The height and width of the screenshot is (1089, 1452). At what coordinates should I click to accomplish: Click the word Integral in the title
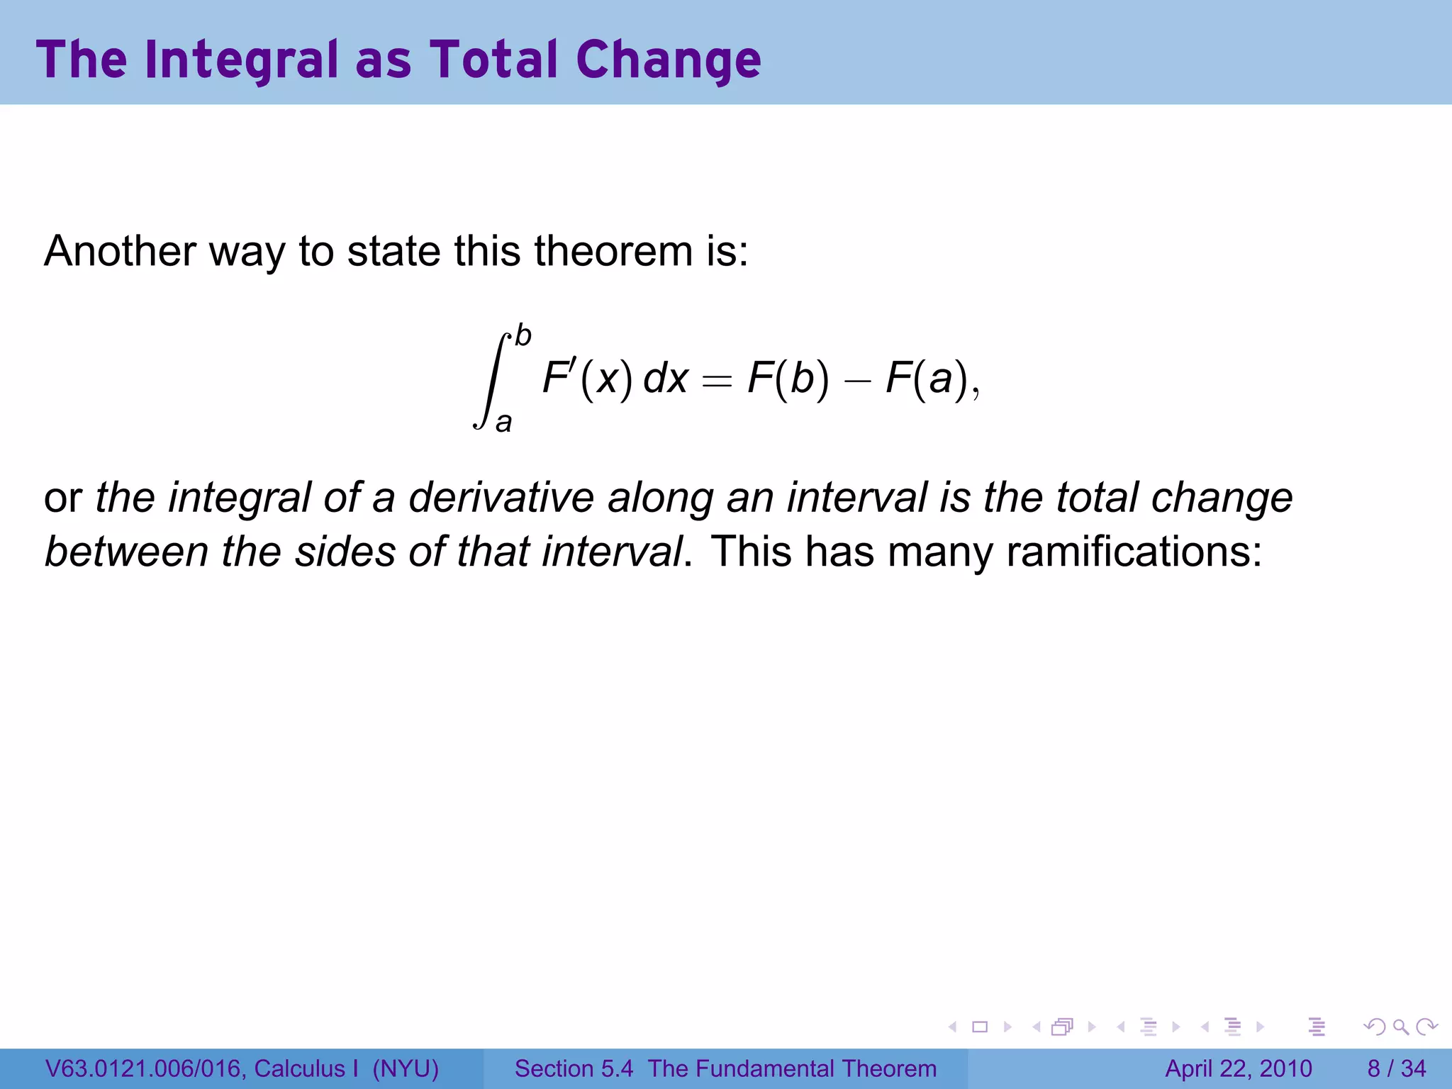click(242, 60)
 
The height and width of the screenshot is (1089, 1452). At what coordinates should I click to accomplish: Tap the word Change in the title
click(668, 60)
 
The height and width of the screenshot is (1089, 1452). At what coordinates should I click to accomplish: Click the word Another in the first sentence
click(120, 251)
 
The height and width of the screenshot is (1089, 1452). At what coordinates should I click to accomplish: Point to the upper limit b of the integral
click(523, 335)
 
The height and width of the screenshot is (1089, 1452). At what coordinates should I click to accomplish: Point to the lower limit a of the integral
click(503, 423)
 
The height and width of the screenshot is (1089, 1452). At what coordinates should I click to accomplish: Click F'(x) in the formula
click(587, 379)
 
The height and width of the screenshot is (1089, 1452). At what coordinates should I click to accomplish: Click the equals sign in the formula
click(716, 381)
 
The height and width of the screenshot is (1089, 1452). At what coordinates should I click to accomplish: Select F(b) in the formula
click(788, 379)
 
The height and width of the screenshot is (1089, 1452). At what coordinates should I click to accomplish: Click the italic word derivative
click(501, 498)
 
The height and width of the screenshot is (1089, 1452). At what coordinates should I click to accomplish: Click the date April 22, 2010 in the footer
click(1239, 1068)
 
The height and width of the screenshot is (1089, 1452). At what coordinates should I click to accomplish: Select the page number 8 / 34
click(1396, 1068)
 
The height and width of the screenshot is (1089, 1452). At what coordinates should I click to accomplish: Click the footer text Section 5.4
click(573, 1068)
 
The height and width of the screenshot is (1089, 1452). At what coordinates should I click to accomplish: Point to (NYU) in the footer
click(406, 1068)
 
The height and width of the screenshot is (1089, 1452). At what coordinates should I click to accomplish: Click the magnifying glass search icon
click(1400, 1027)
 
